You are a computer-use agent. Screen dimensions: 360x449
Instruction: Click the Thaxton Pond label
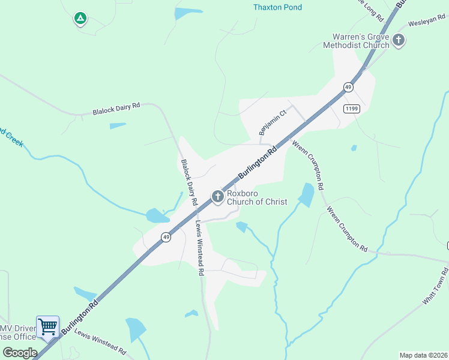tap(277, 8)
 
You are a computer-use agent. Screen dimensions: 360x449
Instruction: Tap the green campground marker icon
tap(79, 19)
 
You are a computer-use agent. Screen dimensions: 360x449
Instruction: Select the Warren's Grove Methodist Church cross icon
tap(399, 41)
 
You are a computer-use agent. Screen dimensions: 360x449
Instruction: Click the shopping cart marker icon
tap(47, 327)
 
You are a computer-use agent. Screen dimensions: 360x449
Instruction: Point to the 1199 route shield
tap(352, 108)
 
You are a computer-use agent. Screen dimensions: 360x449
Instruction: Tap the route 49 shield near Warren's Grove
tap(348, 87)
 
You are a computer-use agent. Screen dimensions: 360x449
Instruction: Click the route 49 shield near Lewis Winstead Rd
tap(166, 237)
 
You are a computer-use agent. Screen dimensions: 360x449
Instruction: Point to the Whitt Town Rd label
tap(435, 290)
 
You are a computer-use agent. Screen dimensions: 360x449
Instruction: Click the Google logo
tap(20, 352)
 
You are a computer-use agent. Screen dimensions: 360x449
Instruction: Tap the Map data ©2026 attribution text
tap(423, 355)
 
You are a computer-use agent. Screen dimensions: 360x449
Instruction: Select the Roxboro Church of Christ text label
tap(257, 198)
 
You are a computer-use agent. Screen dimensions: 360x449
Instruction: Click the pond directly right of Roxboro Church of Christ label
tap(307, 194)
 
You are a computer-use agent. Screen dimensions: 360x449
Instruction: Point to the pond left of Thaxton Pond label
tap(187, 13)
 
